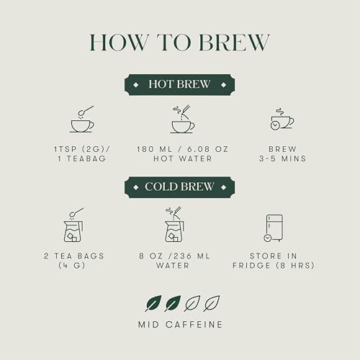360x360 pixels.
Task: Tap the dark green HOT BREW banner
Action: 179,84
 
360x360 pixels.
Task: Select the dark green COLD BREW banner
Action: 179,187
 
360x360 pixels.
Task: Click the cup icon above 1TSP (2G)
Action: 82,120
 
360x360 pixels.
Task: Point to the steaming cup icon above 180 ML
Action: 183,119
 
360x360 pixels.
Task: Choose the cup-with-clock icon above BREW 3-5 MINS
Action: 282,120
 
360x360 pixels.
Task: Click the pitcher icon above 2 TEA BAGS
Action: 73,225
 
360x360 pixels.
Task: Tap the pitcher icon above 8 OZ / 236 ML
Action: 175,225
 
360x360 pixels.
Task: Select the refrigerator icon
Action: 274,228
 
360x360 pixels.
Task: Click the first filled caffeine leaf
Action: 153,303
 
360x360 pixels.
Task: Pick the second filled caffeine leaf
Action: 173,303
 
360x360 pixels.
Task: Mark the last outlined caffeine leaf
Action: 212,303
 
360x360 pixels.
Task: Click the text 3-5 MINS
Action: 283,158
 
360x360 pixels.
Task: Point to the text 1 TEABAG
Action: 82,158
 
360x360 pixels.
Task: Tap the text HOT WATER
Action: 183,158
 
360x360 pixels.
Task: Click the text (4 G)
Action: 72,266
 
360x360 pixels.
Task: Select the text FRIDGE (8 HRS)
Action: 274,266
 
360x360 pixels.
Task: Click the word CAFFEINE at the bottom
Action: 194,325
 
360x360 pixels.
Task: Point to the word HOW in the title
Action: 119,42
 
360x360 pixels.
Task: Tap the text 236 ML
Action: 192,256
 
